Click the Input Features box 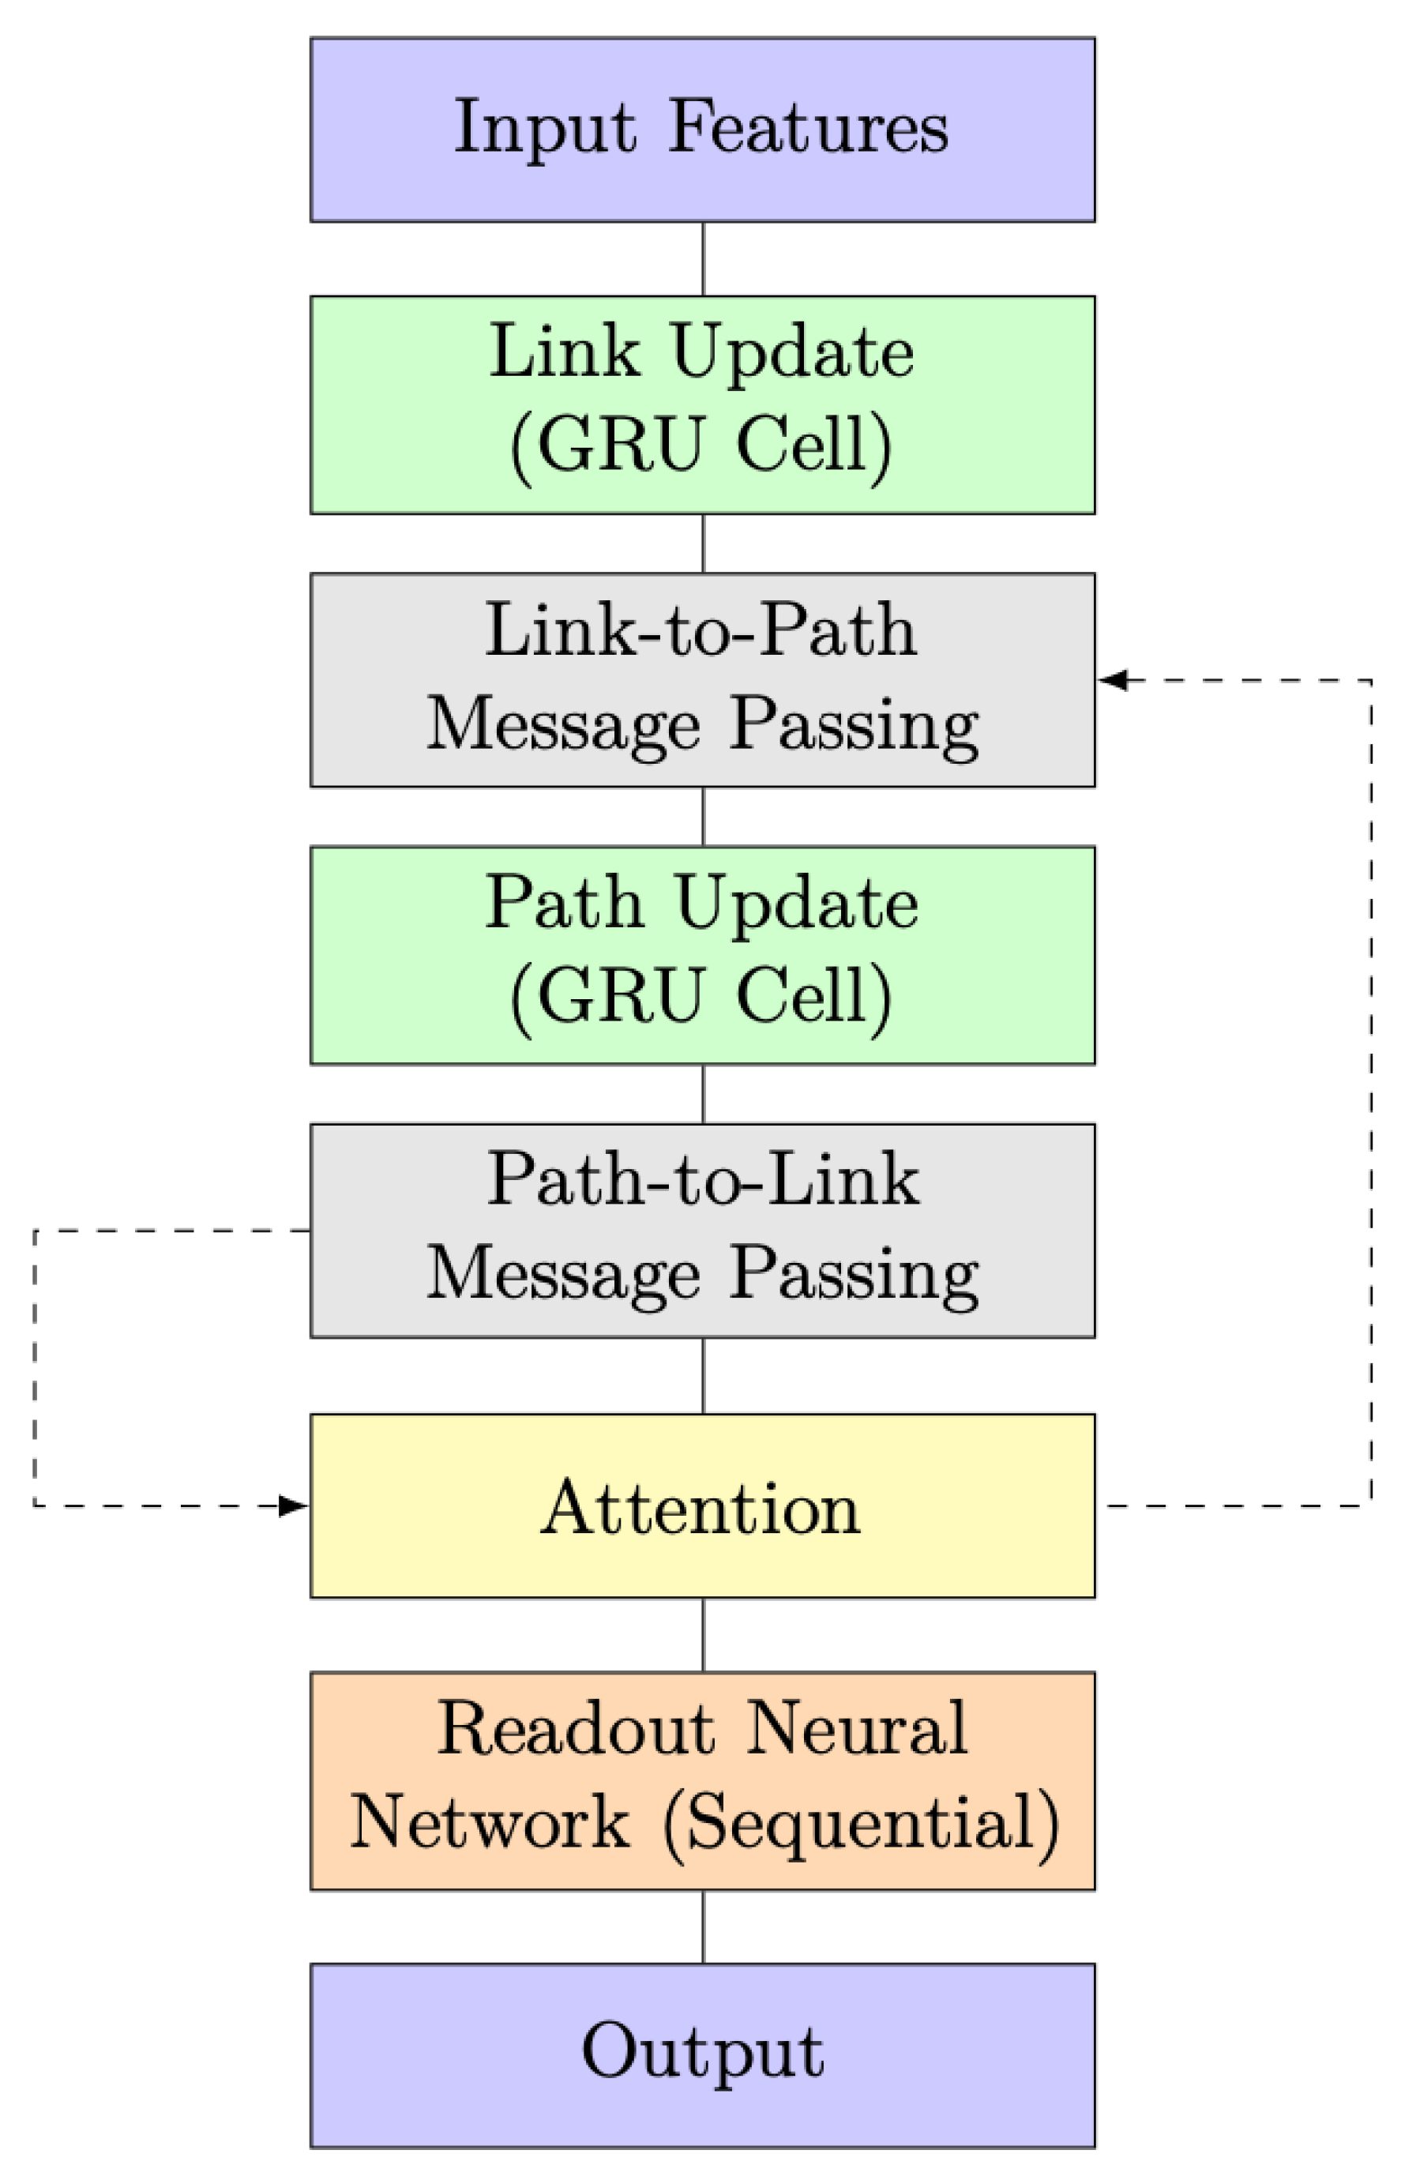click(x=701, y=130)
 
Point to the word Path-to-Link click(x=702, y=1179)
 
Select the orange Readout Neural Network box click(x=701, y=1780)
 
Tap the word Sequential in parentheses click(x=861, y=1822)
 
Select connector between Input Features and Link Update click(x=702, y=258)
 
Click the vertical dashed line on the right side click(x=1371, y=1092)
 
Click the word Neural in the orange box click(x=856, y=1729)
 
